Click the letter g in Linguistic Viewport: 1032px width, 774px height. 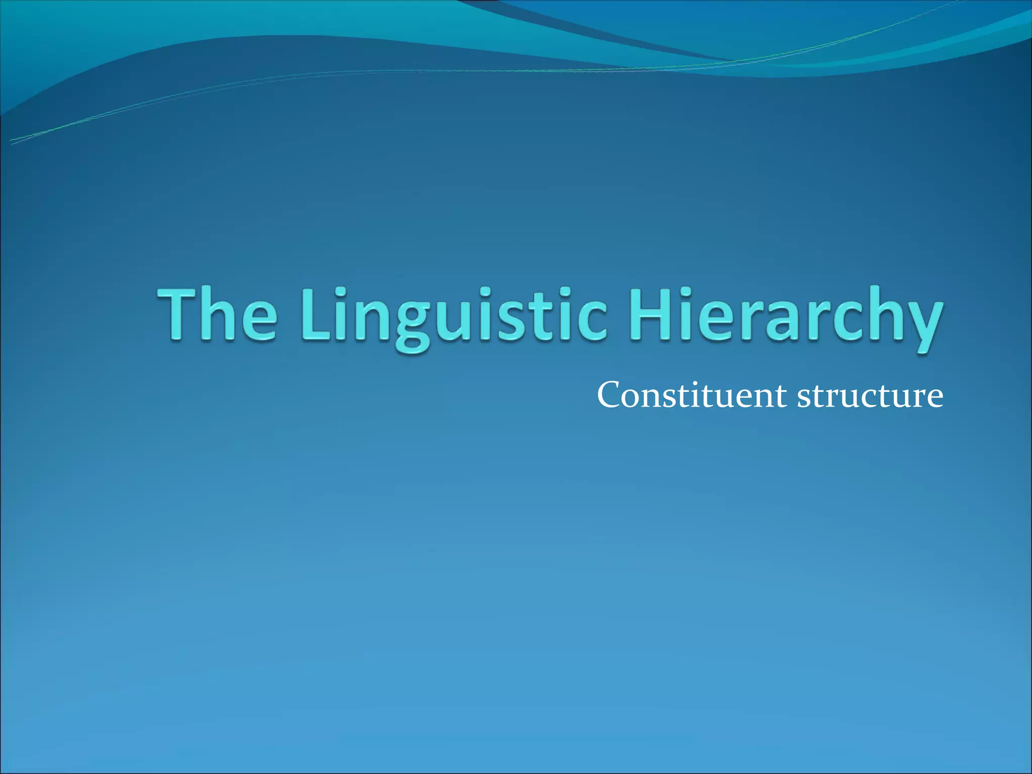(x=412, y=325)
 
